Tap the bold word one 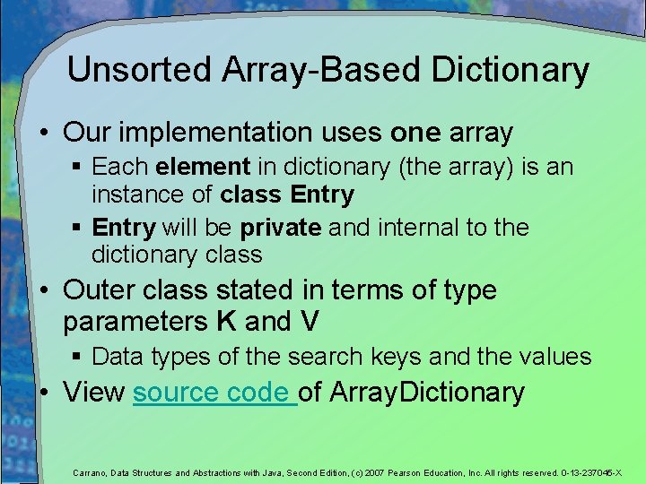pos(415,134)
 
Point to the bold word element pos(202,167)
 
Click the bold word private pos(280,228)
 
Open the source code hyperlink pos(214,393)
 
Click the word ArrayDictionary pos(427,393)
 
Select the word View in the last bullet pos(94,393)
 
